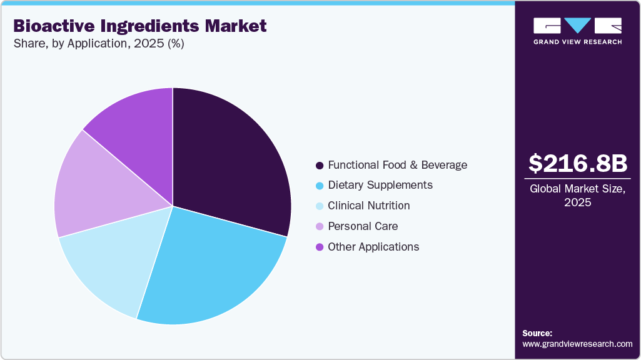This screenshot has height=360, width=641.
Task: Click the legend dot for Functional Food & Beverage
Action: (x=320, y=166)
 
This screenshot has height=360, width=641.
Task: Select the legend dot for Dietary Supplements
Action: (x=320, y=186)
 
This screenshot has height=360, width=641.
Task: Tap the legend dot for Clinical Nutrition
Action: (x=320, y=206)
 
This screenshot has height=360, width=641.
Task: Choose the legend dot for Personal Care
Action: (x=320, y=226)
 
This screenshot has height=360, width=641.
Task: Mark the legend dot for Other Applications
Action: (x=320, y=247)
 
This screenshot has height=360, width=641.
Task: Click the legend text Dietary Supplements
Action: (x=380, y=186)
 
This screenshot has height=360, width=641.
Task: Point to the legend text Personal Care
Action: (x=363, y=226)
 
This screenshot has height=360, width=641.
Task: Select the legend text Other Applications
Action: (x=373, y=247)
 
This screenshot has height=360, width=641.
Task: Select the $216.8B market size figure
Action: (x=577, y=164)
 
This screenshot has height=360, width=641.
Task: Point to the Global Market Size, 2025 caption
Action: (x=577, y=196)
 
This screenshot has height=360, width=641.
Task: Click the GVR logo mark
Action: (x=577, y=26)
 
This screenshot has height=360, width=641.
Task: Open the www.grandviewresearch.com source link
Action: (x=577, y=344)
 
